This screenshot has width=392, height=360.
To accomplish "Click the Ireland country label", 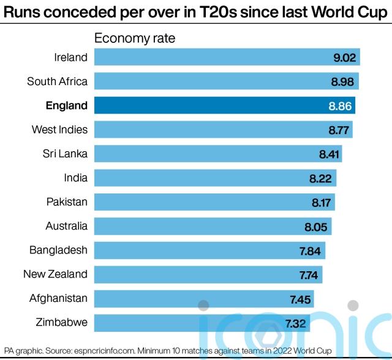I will click(70, 57).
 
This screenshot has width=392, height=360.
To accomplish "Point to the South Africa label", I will click(57, 81).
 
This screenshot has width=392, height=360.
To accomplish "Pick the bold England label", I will click(67, 105).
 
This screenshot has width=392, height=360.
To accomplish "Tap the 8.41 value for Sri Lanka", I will click(329, 154).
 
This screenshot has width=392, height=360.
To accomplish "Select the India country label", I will click(75, 178).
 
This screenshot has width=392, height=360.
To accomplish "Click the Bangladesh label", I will click(58, 250).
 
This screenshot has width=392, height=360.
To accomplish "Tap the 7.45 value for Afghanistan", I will click(301, 298).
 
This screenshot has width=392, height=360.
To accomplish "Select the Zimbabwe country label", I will click(61, 322).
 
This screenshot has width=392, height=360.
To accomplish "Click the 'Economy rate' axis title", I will click(134, 38).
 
